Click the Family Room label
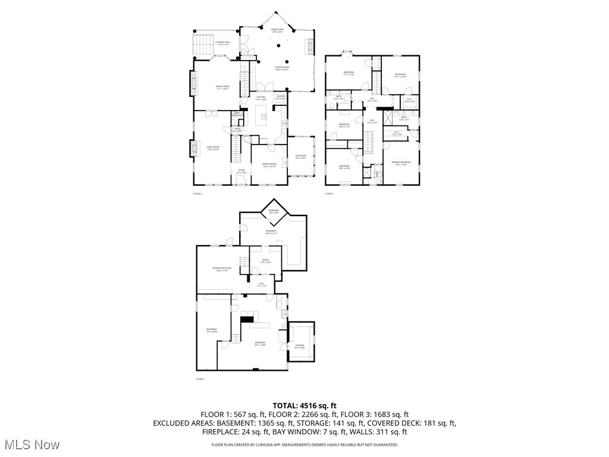pyautogui.click(x=222, y=87)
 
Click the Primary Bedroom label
pyautogui.click(x=401, y=164)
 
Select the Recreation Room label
pyautogui.click(x=222, y=270)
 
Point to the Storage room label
pyautogui.click(x=300, y=346)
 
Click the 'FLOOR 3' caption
pyautogui.click(x=329, y=194)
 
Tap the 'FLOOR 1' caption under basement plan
pyautogui.click(x=200, y=379)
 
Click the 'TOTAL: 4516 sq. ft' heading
pyautogui.click(x=304, y=405)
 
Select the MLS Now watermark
pyautogui.click(x=31, y=445)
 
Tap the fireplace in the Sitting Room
pyautogui.click(x=308, y=46)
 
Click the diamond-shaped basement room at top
pyautogui.click(x=274, y=211)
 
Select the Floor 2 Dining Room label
pyautogui.click(x=269, y=165)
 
